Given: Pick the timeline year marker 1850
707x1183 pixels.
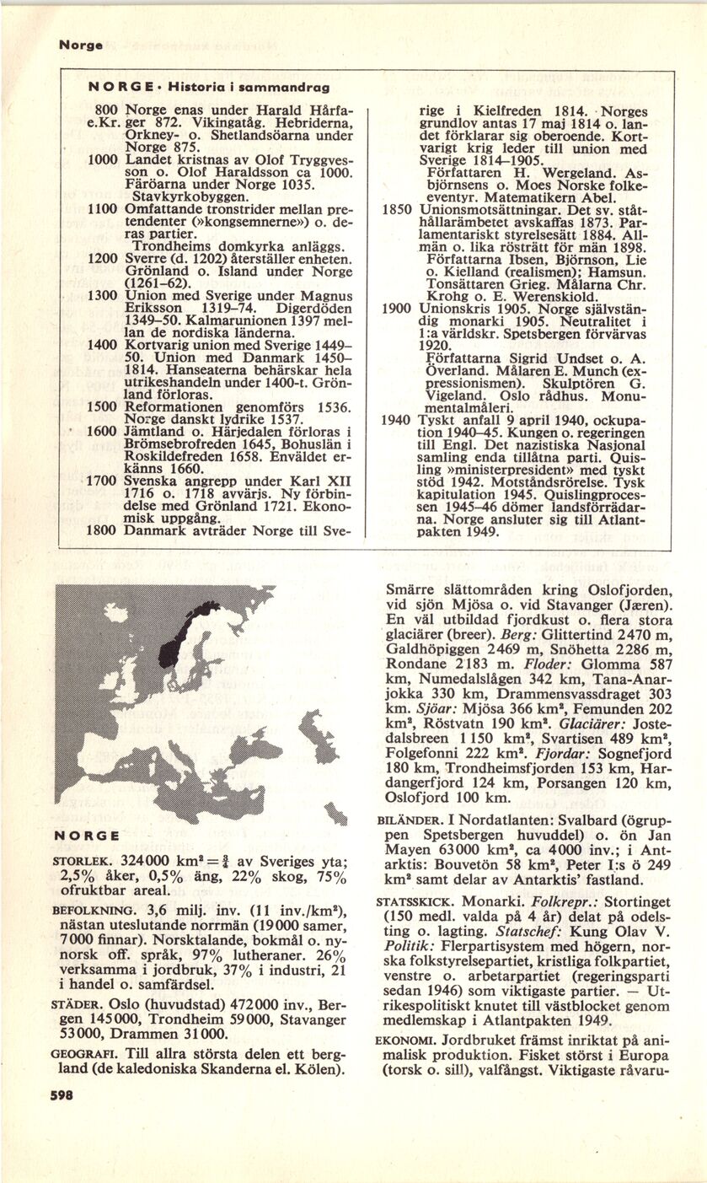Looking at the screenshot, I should (x=396, y=208).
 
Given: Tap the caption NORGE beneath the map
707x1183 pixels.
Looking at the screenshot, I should (x=83, y=835).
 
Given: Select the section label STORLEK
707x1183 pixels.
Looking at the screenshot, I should (x=77, y=863).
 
